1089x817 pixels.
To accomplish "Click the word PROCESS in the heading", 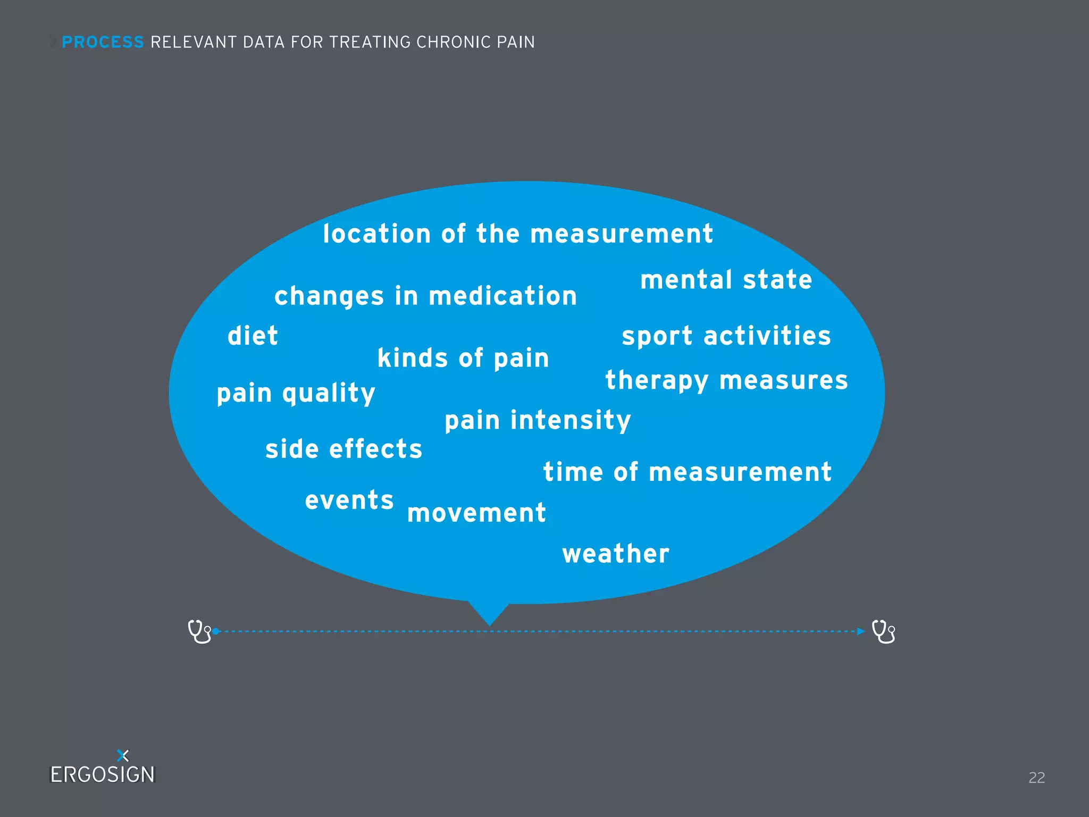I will [x=103, y=42].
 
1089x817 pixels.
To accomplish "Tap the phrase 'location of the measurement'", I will [x=518, y=234].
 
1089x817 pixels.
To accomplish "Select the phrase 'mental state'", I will [x=726, y=280].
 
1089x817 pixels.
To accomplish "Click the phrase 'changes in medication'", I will [x=425, y=296].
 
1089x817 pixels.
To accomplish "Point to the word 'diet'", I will [x=253, y=336].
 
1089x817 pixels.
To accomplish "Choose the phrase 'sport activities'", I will [x=726, y=336].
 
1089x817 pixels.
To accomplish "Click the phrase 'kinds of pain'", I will [x=463, y=358].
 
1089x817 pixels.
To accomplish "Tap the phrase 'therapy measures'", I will [x=726, y=381].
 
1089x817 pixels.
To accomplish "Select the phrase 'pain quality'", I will [x=296, y=394].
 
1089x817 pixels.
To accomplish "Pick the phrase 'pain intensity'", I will [x=538, y=421].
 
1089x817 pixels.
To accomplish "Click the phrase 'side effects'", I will [x=344, y=449].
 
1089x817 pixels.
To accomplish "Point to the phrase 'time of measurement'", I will [x=687, y=472].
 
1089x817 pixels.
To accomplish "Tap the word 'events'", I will [x=349, y=501].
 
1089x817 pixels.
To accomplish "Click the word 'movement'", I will [x=476, y=513].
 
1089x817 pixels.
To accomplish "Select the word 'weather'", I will [x=616, y=554].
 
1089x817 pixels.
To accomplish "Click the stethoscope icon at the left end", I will [x=199, y=631].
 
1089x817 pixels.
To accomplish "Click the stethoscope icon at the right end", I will [x=883, y=631].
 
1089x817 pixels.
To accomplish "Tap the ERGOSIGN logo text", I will [x=102, y=774].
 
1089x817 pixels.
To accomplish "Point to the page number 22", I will [x=1036, y=778].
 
